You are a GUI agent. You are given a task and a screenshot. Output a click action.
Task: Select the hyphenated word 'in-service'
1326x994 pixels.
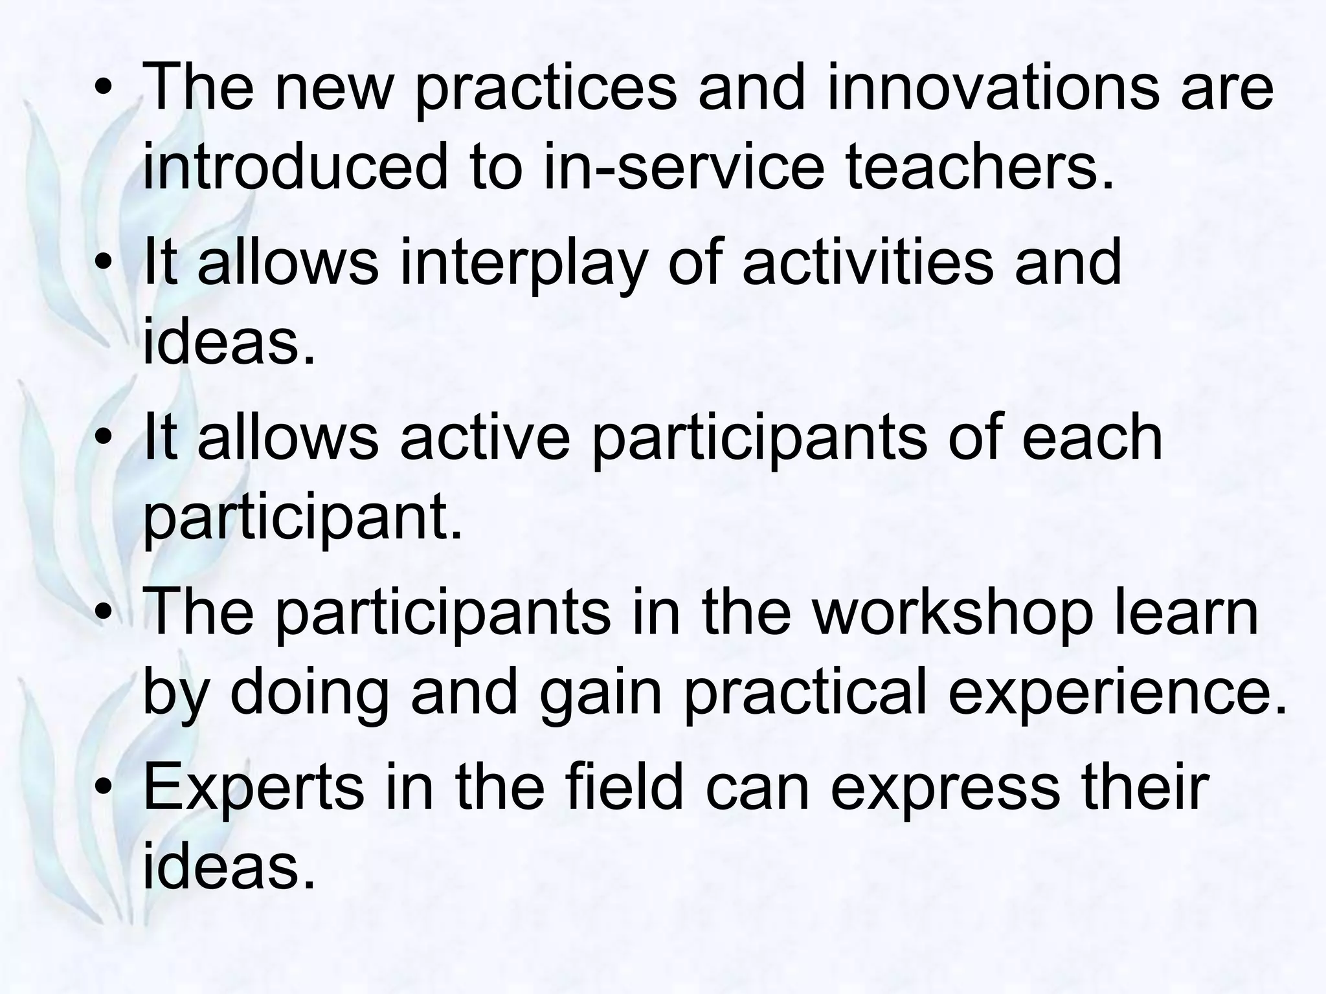(x=684, y=166)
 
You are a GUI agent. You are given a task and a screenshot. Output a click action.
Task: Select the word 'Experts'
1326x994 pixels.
(x=253, y=788)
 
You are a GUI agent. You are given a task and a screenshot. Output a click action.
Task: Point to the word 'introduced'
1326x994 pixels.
(x=295, y=166)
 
